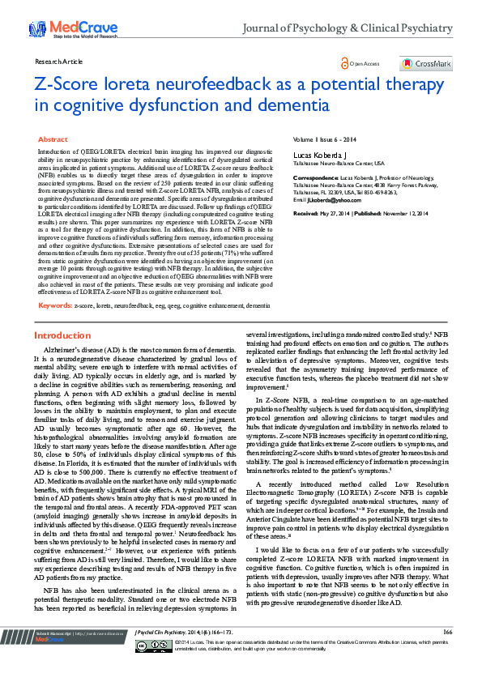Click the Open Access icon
pyautogui.click(x=345, y=62)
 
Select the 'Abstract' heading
pyautogui.click(x=53, y=140)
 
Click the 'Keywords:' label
pyautogui.click(x=56, y=305)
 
